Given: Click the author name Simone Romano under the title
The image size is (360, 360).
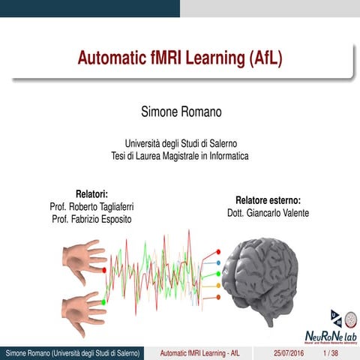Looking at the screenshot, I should point(180,112).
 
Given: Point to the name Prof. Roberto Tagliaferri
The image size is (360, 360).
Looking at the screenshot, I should point(92,205).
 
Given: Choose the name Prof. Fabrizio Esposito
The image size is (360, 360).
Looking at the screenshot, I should point(92,218).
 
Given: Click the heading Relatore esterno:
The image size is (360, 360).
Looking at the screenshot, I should point(268,200).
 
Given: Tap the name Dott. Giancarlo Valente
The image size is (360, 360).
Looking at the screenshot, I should point(268,213).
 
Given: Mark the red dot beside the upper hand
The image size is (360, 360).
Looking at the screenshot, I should point(104,269).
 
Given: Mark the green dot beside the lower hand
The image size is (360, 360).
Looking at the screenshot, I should point(104,301).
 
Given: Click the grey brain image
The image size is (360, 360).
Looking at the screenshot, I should point(262,277).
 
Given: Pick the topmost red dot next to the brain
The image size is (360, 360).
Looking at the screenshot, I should point(218,252).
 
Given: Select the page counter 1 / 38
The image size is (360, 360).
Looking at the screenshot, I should point(330,353).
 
